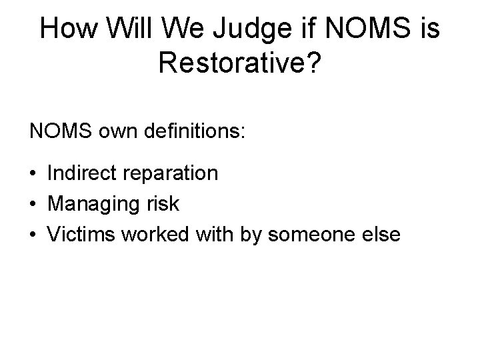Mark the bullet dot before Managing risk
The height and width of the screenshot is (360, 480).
(33, 204)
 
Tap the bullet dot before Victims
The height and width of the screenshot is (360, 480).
(33, 234)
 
